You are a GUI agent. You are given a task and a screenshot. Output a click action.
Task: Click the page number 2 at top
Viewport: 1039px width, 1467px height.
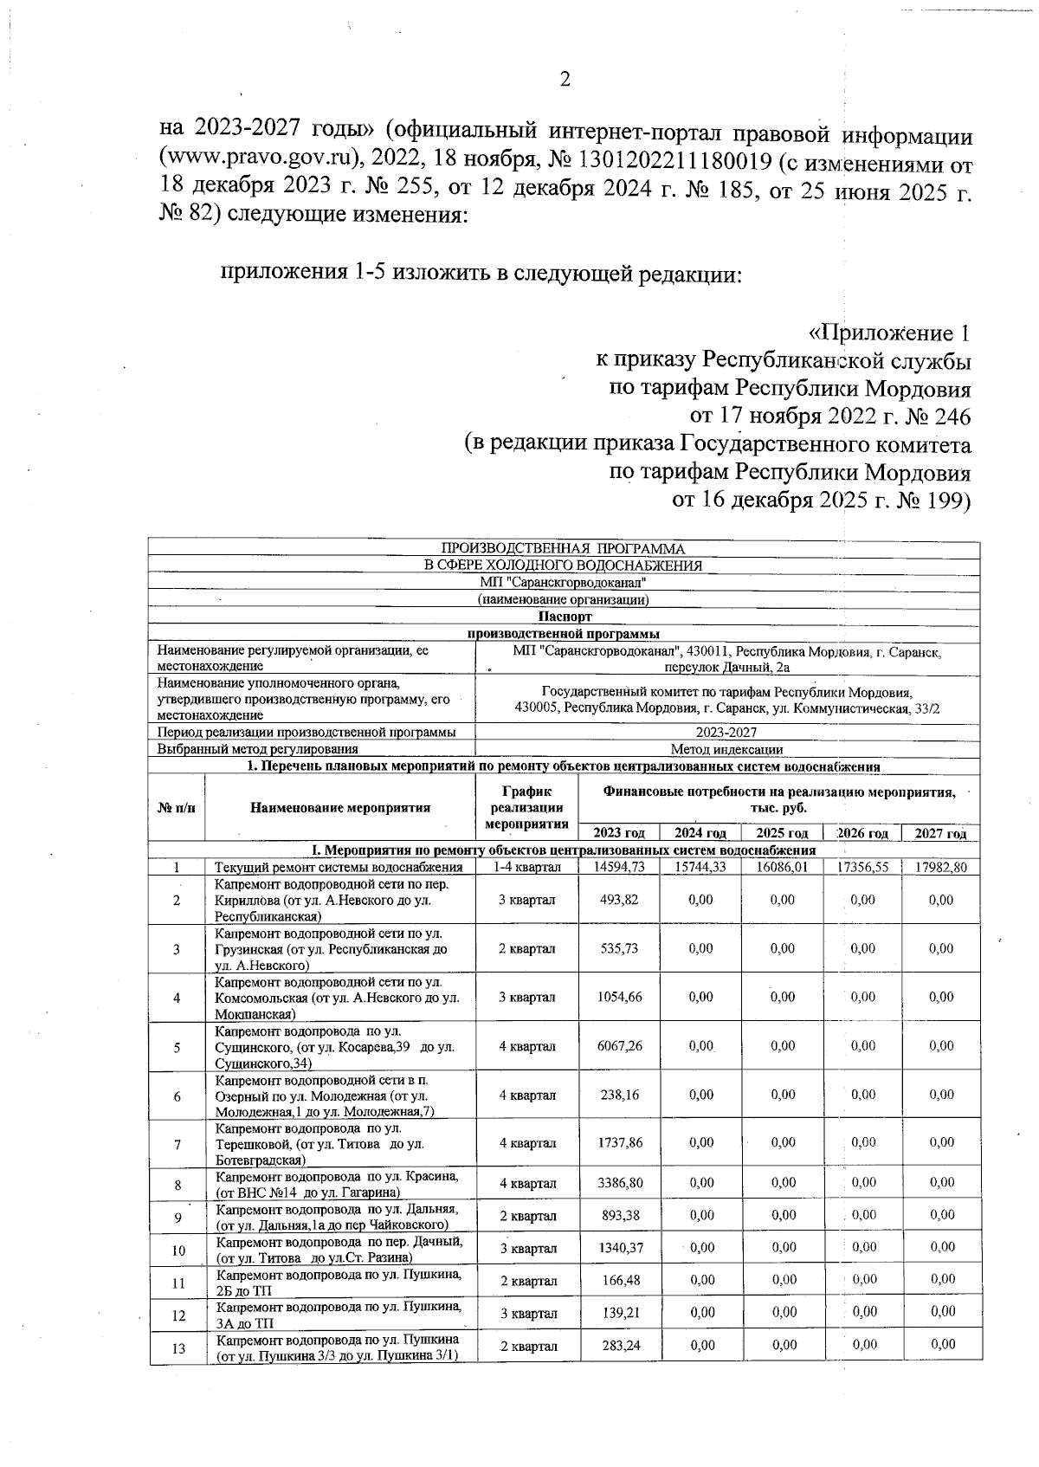[x=565, y=81]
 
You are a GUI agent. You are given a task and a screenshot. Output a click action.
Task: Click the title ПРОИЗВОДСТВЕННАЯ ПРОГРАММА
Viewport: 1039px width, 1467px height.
[x=563, y=549]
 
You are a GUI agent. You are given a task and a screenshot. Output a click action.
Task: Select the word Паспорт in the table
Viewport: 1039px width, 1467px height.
[x=565, y=617]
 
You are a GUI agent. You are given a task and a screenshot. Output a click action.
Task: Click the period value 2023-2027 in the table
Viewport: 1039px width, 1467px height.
[x=726, y=733]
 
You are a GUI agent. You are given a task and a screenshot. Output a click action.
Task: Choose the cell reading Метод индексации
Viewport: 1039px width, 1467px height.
[x=726, y=750]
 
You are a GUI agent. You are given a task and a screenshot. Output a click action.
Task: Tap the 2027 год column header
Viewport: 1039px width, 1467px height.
[x=940, y=833]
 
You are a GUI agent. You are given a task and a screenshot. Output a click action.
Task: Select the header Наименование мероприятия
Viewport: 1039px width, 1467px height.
[x=340, y=808]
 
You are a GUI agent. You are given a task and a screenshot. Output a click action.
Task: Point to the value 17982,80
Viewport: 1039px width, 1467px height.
[x=940, y=867]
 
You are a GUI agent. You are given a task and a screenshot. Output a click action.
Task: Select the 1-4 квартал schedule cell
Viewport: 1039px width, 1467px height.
[x=526, y=867]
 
